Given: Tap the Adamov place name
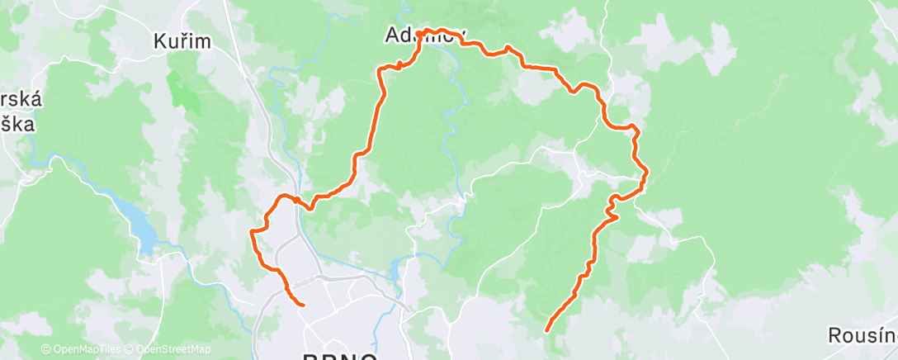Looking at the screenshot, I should click(425, 36).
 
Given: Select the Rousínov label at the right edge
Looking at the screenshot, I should click(863, 334).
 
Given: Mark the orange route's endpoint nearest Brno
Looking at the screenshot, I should click(303, 305).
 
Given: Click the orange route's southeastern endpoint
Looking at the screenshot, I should click(547, 331).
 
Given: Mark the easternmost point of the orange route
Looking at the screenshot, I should click(645, 172).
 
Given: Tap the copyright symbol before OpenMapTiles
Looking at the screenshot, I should click(45, 349).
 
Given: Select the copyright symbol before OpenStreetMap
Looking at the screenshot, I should click(130, 349).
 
